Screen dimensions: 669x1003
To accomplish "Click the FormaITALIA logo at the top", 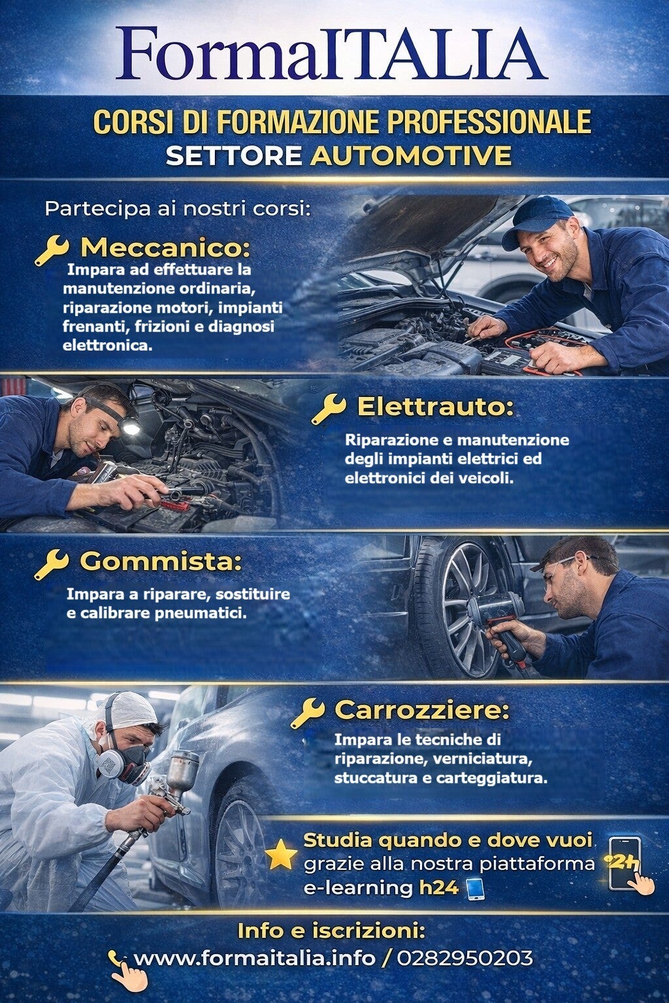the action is [x=331, y=54].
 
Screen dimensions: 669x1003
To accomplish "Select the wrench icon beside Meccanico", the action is [x=52, y=251].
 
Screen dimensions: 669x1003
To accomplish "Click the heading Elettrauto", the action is [x=436, y=407].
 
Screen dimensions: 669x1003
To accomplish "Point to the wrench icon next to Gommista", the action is [x=52, y=564].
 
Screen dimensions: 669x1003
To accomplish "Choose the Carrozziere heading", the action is [x=422, y=710].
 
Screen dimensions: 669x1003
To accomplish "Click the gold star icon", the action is [x=281, y=855].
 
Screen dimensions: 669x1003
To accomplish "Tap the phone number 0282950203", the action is [x=465, y=958].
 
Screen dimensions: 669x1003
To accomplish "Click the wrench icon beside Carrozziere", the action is [x=308, y=713].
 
